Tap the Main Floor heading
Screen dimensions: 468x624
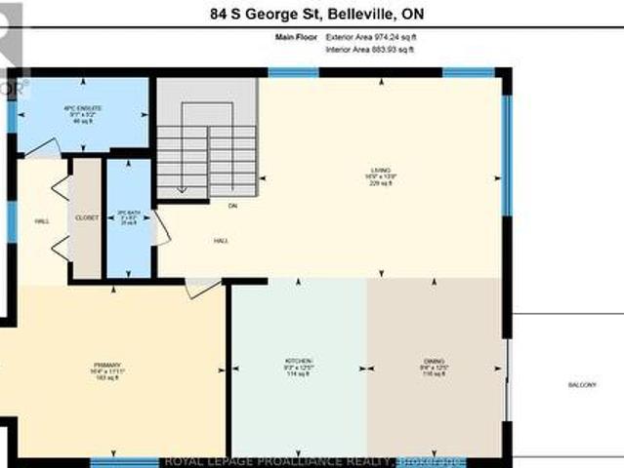[296, 37]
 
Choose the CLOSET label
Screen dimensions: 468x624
[87, 218]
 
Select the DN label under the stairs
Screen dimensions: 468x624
[232, 206]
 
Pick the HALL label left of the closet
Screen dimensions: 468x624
[41, 221]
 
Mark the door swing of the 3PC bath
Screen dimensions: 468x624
[161, 227]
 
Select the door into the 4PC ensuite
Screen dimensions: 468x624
[41, 149]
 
